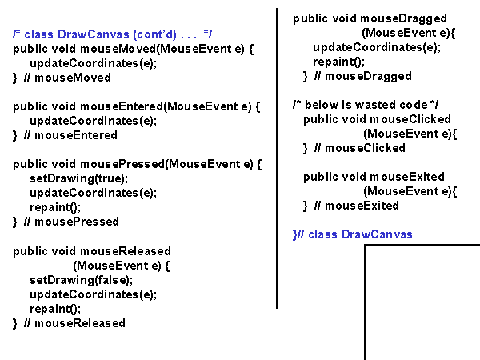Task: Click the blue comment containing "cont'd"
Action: point(113,34)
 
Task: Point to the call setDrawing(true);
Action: point(78,178)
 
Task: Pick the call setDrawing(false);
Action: point(81,280)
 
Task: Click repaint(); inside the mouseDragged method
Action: point(339,62)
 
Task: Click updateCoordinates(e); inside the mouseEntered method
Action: point(93,121)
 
